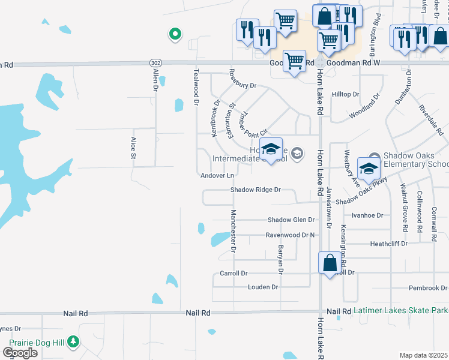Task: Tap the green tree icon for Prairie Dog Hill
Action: tap(73, 341)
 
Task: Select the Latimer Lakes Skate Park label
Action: tap(400, 311)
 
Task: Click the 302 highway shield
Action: tap(155, 62)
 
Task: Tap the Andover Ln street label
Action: tap(217, 175)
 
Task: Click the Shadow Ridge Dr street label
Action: tap(256, 190)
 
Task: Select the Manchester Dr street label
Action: tap(234, 231)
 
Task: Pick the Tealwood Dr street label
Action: tap(196, 87)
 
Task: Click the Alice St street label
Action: tap(133, 148)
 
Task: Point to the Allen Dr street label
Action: tap(155, 79)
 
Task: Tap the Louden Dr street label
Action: tap(263, 287)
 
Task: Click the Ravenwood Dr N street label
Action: tap(291, 235)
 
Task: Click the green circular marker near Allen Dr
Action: tap(175, 34)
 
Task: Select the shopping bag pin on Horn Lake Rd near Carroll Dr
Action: tap(330, 263)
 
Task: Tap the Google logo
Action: tap(20, 353)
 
